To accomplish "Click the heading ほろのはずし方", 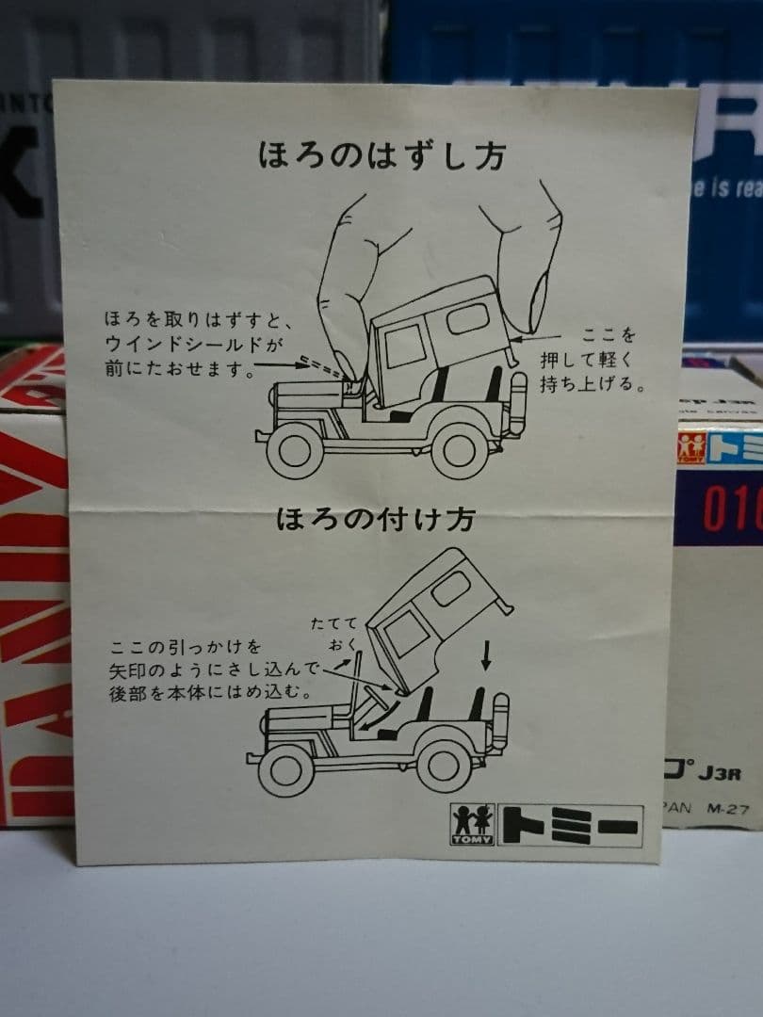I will [381, 154].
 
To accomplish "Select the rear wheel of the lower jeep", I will [444, 765].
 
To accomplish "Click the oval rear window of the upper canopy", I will [467, 319].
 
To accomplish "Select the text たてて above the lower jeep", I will [334, 622].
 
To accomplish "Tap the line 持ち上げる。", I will [592, 384].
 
